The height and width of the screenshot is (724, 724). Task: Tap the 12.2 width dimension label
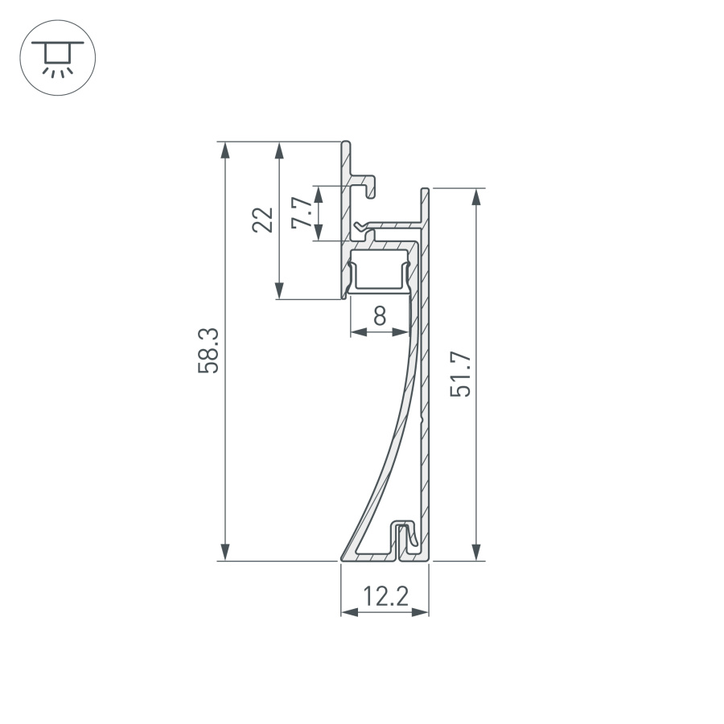tap(385, 597)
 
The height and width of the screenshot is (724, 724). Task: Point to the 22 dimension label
tap(263, 220)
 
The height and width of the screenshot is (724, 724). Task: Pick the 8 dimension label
tap(380, 315)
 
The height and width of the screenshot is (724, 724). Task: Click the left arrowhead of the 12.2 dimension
tap(349, 612)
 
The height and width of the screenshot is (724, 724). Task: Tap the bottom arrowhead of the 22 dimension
tap(279, 290)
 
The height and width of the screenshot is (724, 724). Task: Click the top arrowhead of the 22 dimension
tap(279, 150)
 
